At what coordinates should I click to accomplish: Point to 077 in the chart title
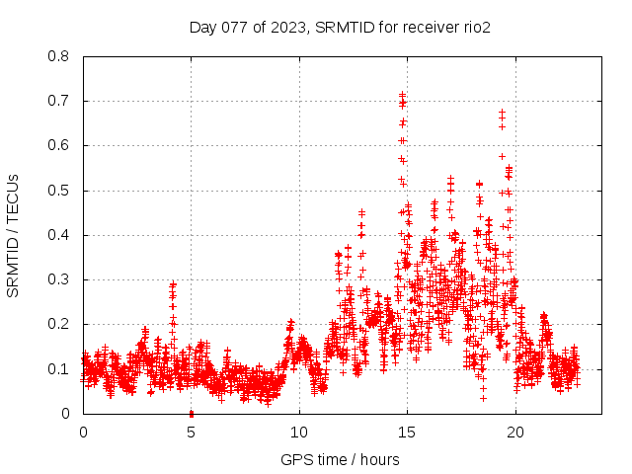(235, 27)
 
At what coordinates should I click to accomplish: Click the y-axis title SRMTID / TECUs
(13, 235)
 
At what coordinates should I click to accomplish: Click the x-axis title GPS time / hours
(340, 459)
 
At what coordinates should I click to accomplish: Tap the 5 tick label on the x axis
(191, 432)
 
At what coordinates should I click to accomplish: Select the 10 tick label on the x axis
(299, 432)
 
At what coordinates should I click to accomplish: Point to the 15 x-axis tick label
(407, 432)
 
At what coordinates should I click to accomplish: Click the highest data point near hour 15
(402, 95)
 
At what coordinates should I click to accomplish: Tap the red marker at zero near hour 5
(191, 413)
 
